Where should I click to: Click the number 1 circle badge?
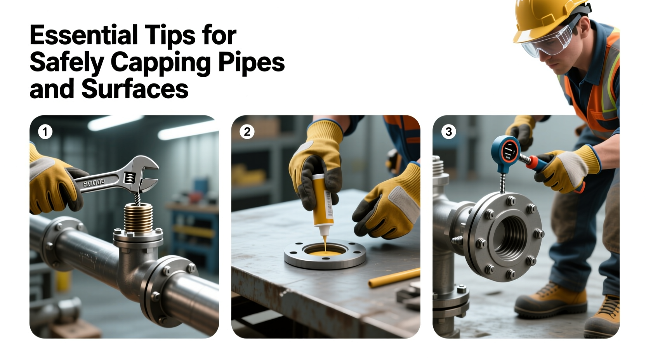45,132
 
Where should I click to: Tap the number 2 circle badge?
247,132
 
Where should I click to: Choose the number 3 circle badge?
448,132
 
